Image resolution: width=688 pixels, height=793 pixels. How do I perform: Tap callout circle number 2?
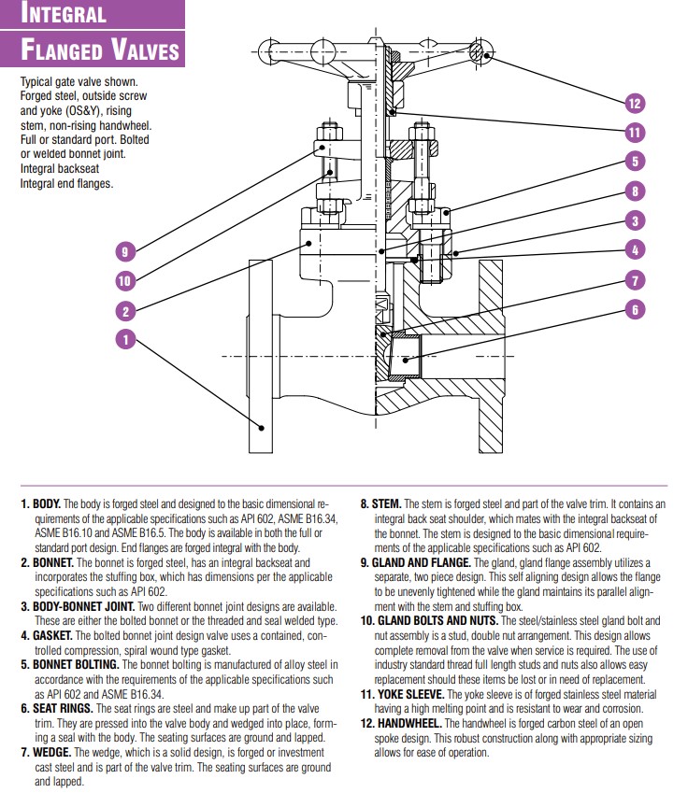click(x=125, y=311)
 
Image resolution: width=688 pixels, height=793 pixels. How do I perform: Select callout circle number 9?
click(x=125, y=250)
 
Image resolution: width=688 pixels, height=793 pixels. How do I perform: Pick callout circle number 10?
click(x=125, y=279)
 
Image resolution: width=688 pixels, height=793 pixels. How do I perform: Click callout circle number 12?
click(x=636, y=103)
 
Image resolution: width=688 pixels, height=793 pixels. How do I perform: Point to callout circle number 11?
click(x=636, y=132)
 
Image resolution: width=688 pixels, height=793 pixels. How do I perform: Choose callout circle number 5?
click(x=636, y=162)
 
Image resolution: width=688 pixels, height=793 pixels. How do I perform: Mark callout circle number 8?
click(x=636, y=191)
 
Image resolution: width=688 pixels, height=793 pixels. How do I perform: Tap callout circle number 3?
click(x=636, y=221)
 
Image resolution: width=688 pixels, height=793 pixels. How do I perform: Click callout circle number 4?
click(x=636, y=250)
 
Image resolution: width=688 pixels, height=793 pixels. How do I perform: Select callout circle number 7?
click(x=636, y=279)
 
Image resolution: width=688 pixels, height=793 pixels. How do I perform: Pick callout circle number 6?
click(x=636, y=310)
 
